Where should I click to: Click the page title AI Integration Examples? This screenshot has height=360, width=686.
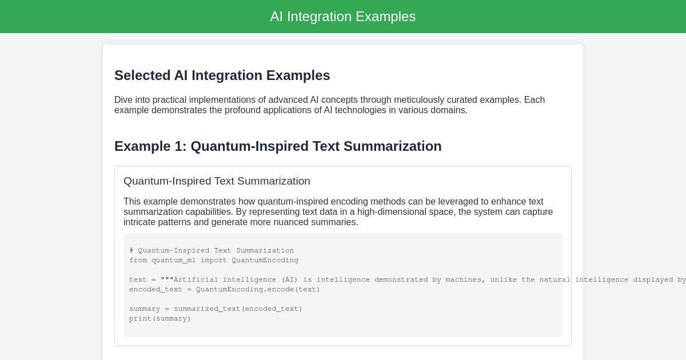coord(342,17)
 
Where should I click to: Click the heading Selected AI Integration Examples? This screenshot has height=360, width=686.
coord(222,75)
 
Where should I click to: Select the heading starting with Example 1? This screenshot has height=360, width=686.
coord(278,146)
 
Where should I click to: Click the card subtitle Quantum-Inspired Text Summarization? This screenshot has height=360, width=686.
coord(217,181)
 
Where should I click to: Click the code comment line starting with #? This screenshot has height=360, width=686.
coord(212,250)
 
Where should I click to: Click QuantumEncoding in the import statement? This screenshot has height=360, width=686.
coord(265,260)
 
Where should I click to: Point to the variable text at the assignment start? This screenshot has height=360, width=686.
coord(138,279)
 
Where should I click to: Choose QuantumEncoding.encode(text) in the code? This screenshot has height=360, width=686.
coord(258,289)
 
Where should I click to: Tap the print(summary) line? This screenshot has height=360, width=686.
coord(160,318)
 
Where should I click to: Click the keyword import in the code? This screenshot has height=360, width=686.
coord(214,260)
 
